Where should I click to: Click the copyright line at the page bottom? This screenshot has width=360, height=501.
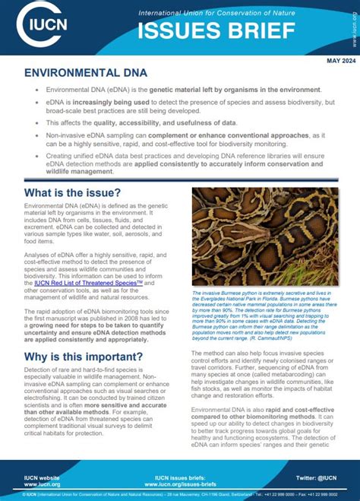tap(180, 494)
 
